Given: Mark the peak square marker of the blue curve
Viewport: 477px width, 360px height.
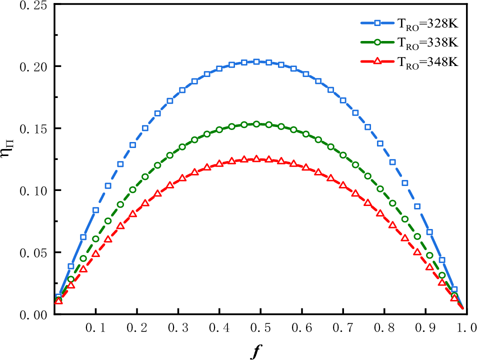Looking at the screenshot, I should [256, 61].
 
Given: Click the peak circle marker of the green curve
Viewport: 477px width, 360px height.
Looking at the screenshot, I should [256, 124].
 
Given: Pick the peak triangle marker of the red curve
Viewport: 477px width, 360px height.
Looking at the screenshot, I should [256, 158].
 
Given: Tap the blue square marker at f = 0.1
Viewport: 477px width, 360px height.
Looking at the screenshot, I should [95, 210].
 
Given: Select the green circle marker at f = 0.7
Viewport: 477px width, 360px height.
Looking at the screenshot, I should [343, 155].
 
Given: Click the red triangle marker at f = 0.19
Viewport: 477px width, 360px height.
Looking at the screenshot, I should [132, 214].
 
